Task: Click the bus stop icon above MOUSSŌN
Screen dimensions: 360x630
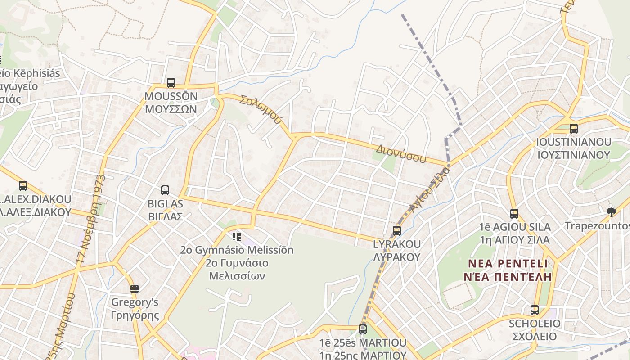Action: click(171, 83)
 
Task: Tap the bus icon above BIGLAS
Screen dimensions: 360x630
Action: click(165, 190)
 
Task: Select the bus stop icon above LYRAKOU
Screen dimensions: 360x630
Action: click(396, 231)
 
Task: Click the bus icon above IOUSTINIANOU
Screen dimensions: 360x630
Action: click(574, 129)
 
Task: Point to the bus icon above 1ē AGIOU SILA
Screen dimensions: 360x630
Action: click(514, 214)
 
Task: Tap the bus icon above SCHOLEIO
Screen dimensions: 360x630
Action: click(534, 310)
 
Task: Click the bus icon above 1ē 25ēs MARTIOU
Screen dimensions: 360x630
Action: click(363, 329)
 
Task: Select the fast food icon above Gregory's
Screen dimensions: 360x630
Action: click(134, 288)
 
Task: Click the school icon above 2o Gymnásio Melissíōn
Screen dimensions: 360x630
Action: click(237, 236)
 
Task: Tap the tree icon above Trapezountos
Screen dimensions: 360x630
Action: click(611, 212)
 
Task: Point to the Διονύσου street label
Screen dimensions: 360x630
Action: click(401, 153)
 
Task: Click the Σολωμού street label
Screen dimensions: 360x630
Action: click(261, 109)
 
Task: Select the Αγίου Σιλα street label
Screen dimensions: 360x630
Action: click(430, 189)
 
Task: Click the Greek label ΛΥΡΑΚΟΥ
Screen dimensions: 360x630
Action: click(396, 257)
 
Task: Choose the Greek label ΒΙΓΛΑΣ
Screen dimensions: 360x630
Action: click(165, 216)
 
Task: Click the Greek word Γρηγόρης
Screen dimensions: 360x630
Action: click(135, 315)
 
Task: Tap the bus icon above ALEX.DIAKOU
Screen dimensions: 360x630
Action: click(23, 185)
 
